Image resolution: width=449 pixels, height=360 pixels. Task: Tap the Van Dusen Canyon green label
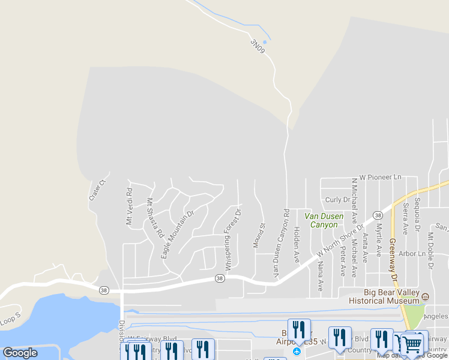pyautogui.click(x=324, y=220)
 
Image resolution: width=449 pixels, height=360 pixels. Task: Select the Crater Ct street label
pyautogui.click(x=97, y=190)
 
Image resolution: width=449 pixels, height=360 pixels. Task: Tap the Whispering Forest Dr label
pyautogui.click(x=233, y=238)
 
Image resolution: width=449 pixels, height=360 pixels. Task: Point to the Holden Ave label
pyautogui.click(x=297, y=244)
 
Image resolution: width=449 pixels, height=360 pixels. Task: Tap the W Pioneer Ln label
pyautogui.click(x=380, y=178)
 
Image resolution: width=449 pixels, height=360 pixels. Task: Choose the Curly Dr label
pyautogui.click(x=337, y=200)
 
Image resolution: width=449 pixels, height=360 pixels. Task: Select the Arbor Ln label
pyautogui.click(x=412, y=254)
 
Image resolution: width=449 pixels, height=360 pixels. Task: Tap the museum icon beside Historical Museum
pyautogui.click(x=426, y=296)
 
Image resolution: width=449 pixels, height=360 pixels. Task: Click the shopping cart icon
pyautogui.click(x=411, y=344)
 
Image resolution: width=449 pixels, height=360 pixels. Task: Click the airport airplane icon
pyautogui.click(x=297, y=350)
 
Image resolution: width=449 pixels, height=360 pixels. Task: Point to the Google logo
pyautogui.click(x=20, y=353)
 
